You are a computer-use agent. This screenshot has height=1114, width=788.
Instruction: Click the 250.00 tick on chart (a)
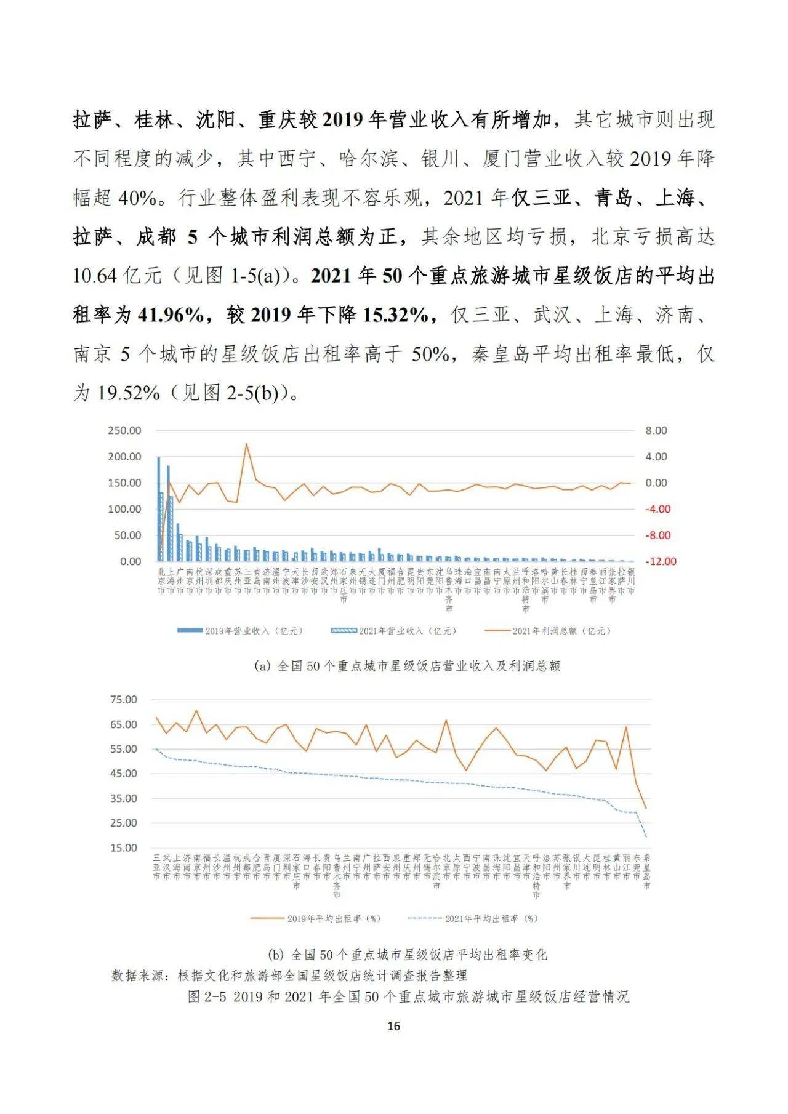pyautogui.click(x=124, y=430)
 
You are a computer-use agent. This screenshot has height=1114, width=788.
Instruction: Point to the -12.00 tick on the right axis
pyautogui.click(x=661, y=561)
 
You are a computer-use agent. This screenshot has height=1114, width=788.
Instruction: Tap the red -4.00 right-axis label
pyautogui.click(x=657, y=509)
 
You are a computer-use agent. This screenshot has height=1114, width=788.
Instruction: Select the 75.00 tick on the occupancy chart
pyautogui.click(x=123, y=700)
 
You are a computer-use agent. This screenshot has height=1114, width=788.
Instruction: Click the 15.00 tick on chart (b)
pyautogui.click(x=123, y=848)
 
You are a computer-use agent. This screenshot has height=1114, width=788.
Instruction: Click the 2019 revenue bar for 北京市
pyautogui.click(x=158, y=508)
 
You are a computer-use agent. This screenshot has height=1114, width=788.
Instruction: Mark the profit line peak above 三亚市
pyautogui.click(x=247, y=444)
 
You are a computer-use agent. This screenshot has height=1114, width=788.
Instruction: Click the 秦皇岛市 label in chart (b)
pyautogui.click(x=646, y=872)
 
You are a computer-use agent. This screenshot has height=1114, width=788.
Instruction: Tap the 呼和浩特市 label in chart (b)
pyautogui.click(x=536, y=876)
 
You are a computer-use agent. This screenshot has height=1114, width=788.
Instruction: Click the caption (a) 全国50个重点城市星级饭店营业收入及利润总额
pyautogui.click(x=407, y=666)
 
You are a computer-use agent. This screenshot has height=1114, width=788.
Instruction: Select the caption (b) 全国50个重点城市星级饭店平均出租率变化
pyautogui.click(x=408, y=955)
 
